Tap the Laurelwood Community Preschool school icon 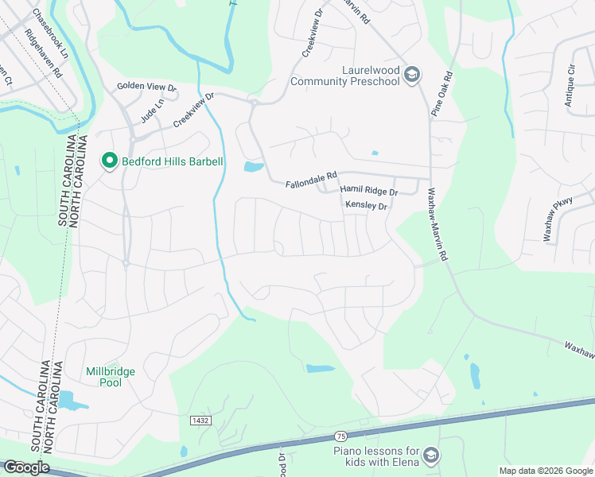point(411,75)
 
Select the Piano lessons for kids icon point(431,456)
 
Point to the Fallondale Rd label point(312,184)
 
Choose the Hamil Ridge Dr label point(368,192)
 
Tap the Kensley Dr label point(366,206)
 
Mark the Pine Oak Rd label point(441,95)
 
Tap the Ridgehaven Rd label point(44,53)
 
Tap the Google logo point(25,467)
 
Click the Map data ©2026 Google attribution point(546,471)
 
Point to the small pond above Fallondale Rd point(253,167)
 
